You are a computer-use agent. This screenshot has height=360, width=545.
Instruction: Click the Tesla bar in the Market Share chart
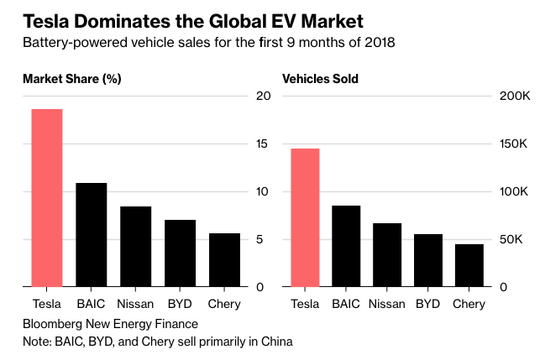pyautogui.click(x=47, y=198)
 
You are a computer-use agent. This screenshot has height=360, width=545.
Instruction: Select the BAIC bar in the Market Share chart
pyautogui.click(x=92, y=235)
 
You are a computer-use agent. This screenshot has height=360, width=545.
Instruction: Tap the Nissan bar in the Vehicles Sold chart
pyautogui.click(x=387, y=255)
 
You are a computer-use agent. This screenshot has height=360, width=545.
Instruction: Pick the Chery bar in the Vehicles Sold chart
pyautogui.click(x=469, y=265)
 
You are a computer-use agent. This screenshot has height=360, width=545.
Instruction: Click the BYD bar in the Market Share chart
pyautogui.click(x=180, y=253)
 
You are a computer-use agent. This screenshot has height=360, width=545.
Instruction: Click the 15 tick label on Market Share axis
pyautogui.click(x=263, y=144)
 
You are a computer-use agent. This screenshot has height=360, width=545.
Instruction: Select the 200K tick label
pyautogui.click(x=515, y=97)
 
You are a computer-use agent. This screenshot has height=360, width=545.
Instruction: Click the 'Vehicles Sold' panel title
pyautogui.click(x=320, y=80)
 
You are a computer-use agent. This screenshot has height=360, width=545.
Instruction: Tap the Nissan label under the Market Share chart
pyautogui.click(x=135, y=304)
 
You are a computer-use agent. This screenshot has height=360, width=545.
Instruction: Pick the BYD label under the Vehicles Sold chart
pyautogui.click(x=428, y=304)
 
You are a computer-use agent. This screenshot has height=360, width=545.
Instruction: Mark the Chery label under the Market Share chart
pyautogui.click(x=223, y=304)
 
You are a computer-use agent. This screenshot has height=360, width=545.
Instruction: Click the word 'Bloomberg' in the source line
pyautogui.click(x=53, y=323)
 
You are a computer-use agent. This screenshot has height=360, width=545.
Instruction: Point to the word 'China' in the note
pyautogui.click(x=274, y=342)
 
